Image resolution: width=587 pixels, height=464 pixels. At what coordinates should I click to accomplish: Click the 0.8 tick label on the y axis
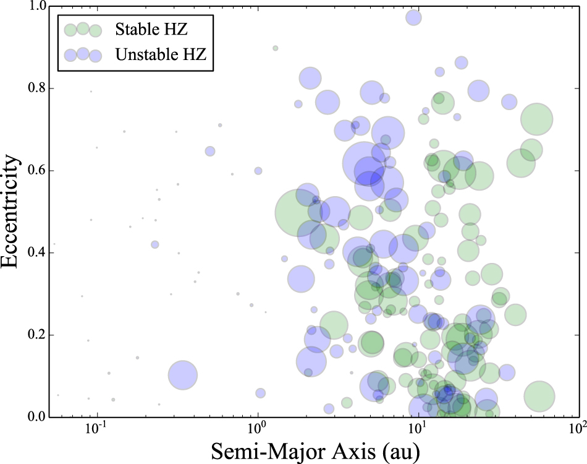click(x=36, y=88)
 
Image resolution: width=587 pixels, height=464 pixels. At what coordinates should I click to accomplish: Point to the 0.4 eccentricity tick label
click(x=36, y=252)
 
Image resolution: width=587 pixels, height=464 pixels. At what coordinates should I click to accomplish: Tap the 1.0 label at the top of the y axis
click(x=36, y=6)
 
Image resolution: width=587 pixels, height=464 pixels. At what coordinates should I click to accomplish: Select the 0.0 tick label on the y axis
click(x=36, y=417)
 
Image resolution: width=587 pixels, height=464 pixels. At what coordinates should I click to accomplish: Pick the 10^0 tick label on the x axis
click(x=257, y=427)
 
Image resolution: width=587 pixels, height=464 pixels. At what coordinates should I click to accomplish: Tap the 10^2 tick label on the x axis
click(x=577, y=427)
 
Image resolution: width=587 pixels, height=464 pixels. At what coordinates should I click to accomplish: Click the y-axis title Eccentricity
click(x=10, y=211)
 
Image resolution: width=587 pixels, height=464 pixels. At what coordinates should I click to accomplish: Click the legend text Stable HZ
click(x=151, y=29)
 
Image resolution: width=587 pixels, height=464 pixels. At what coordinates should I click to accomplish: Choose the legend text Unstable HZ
click(x=161, y=54)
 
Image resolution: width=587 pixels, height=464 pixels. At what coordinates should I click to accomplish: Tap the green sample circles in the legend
click(x=83, y=30)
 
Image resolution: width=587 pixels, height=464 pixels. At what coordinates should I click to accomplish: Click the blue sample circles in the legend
click(x=83, y=55)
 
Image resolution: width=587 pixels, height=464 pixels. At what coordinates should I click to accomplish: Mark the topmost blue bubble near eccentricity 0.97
click(x=413, y=17)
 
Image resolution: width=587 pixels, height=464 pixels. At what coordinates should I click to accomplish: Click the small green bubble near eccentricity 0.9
click(x=275, y=48)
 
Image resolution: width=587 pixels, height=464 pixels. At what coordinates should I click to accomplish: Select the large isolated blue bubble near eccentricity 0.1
click(x=182, y=375)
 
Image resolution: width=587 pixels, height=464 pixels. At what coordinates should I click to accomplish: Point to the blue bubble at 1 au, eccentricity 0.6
click(x=258, y=171)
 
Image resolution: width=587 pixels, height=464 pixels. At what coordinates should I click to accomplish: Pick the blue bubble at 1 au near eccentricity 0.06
click(x=261, y=393)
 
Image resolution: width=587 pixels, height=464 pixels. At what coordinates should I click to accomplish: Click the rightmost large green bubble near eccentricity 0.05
click(x=539, y=396)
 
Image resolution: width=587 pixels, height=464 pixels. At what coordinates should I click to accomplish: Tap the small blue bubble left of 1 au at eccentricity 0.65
click(x=210, y=152)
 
